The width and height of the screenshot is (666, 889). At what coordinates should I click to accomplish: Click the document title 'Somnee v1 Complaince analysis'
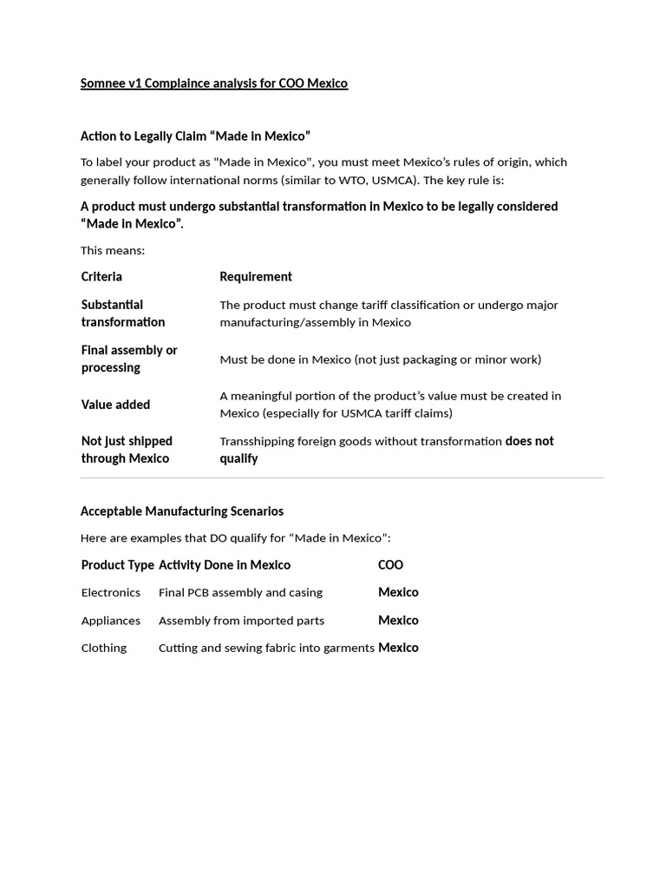tap(213, 83)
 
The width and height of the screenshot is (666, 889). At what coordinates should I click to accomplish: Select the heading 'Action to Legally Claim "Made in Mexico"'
tap(195, 136)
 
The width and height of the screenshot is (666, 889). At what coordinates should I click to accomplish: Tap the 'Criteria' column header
tap(101, 277)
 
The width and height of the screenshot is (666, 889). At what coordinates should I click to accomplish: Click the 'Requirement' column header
tap(256, 277)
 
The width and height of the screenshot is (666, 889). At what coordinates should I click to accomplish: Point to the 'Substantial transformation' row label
tap(123, 313)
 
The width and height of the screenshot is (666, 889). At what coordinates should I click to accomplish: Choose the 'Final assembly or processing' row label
tap(129, 359)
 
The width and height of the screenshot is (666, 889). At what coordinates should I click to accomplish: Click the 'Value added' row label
tap(115, 405)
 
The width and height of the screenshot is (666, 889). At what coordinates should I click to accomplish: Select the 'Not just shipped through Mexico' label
tap(127, 450)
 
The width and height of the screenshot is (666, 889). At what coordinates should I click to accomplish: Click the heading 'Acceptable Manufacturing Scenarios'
tap(182, 511)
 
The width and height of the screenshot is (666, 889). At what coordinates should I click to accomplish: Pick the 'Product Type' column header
tap(117, 565)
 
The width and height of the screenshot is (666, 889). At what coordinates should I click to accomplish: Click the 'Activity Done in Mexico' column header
tap(225, 565)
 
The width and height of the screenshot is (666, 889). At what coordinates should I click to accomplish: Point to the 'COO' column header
tap(390, 565)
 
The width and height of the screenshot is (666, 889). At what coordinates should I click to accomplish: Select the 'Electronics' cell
tap(110, 593)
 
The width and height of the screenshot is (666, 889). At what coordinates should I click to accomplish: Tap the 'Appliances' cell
tap(110, 621)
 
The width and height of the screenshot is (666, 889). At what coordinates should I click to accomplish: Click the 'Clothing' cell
tap(103, 649)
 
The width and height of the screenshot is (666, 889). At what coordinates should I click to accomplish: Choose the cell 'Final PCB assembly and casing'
tap(240, 593)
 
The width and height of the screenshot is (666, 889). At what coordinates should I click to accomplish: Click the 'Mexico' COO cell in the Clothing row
tap(398, 648)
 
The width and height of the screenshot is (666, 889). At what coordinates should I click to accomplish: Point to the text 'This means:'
tap(113, 251)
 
